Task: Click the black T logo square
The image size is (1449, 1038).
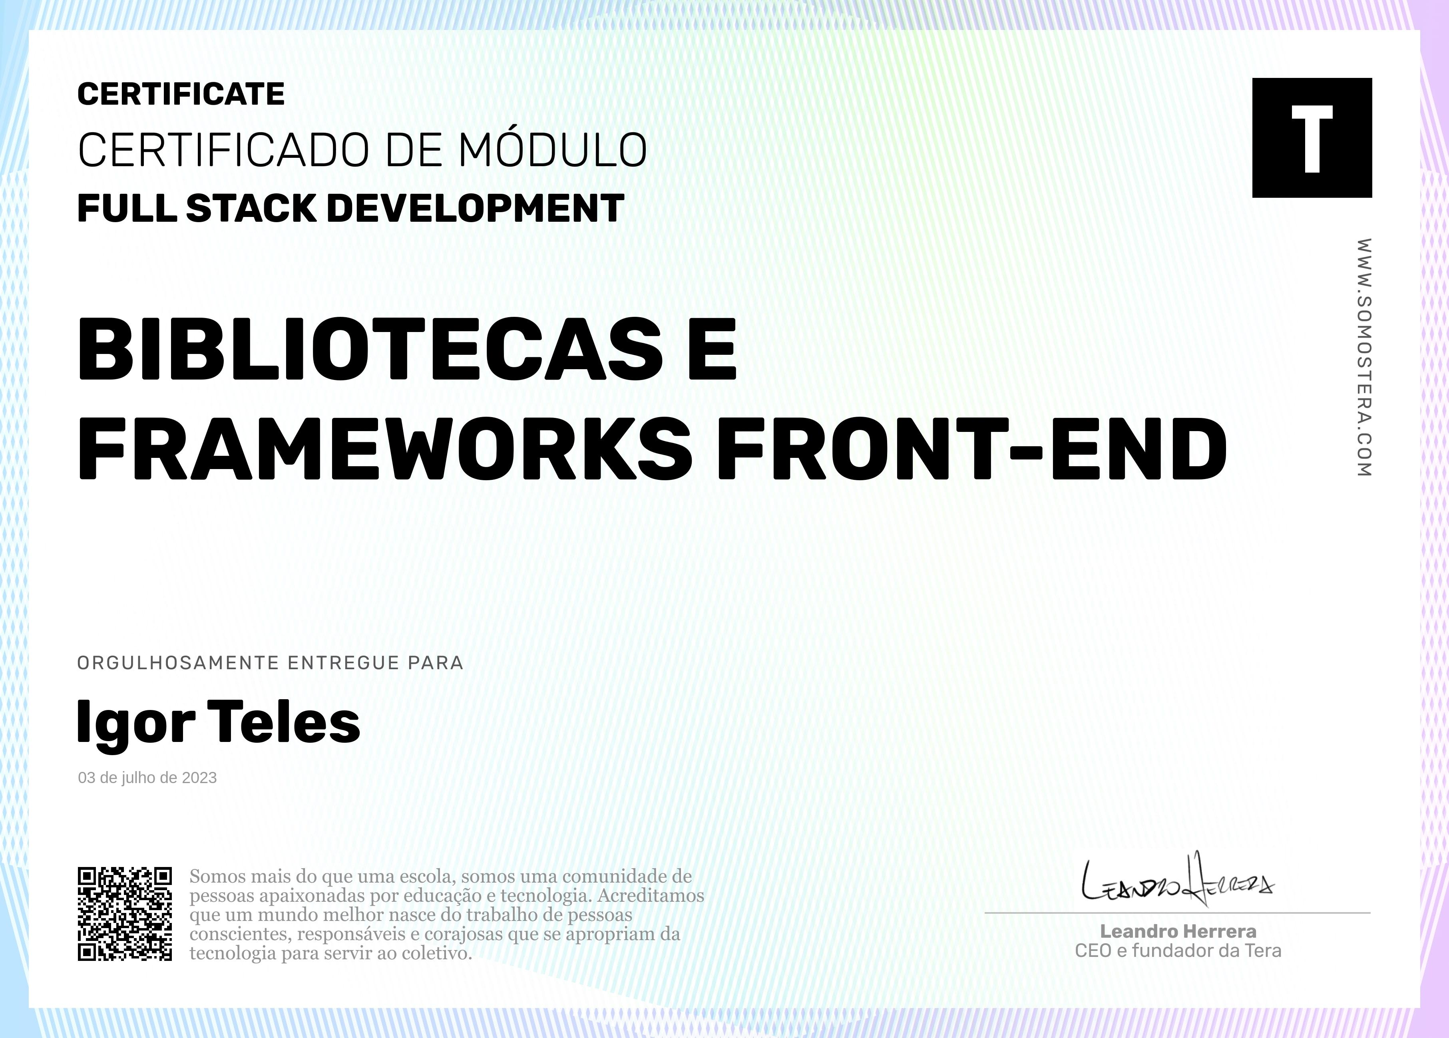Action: pos(1312,137)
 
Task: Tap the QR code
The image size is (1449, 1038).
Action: pos(125,913)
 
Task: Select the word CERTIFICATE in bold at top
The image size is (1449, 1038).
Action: pos(181,95)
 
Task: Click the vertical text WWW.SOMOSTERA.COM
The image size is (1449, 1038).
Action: pos(1364,357)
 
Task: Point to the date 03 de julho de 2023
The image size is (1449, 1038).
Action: pos(147,778)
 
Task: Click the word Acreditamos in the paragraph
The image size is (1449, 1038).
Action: pos(651,895)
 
